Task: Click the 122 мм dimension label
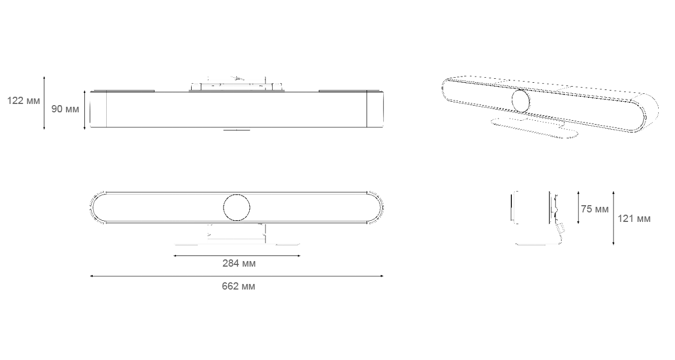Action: point(23,101)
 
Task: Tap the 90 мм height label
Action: point(65,109)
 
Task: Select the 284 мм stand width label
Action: point(239,263)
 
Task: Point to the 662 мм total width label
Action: point(239,286)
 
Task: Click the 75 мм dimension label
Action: point(595,209)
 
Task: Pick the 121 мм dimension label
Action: point(634,219)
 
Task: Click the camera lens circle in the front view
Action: point(236,207)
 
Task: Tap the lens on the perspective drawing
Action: point(521,101)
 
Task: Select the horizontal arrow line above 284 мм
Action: point(237,255)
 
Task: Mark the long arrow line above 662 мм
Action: point(236,276)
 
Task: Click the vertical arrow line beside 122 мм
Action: point(44,103)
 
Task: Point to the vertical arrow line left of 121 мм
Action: point(613,218)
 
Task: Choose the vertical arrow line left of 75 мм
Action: point(578,207)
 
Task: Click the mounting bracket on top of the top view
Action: point(236,85)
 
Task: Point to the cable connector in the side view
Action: point(560,228)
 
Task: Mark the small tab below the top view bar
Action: point(236,130)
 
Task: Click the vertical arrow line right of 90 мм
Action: point(85,110)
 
